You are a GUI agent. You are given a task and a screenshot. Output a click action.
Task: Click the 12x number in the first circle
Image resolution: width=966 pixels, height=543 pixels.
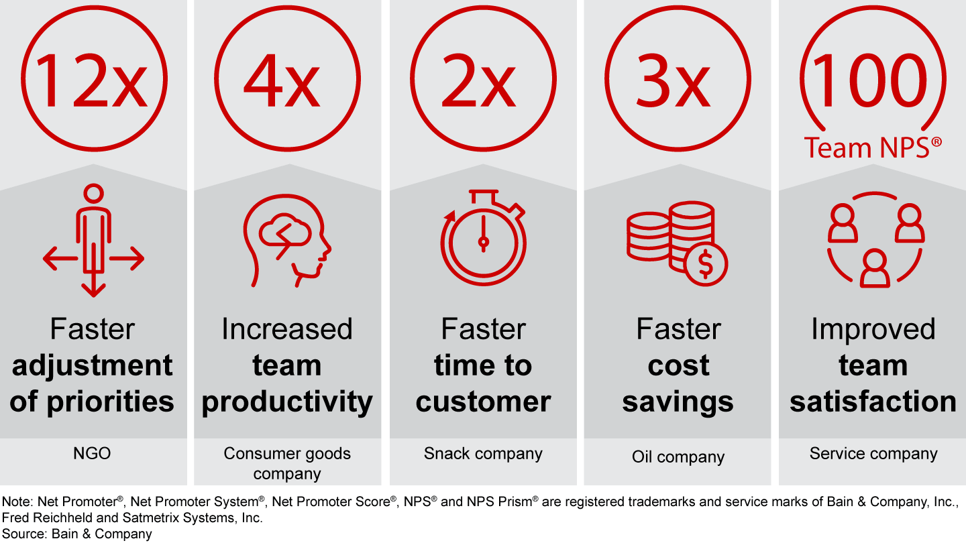[91, 81]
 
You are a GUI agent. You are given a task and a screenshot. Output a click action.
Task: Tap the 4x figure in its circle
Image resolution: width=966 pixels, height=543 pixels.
[282, 81]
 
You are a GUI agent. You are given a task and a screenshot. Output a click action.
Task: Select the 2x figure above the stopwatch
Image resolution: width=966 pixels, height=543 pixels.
[479, 81]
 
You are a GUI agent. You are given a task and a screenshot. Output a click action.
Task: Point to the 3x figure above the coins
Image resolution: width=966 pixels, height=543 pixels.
[673, 81]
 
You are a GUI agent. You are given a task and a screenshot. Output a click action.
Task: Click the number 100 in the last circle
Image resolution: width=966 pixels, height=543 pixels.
[870, 80]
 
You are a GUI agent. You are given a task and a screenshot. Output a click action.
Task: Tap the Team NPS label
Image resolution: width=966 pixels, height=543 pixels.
[873, 147]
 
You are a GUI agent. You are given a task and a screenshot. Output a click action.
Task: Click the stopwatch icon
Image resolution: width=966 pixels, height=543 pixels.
[483, 237]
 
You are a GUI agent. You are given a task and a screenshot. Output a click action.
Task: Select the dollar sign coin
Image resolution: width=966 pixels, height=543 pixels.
[706, 263]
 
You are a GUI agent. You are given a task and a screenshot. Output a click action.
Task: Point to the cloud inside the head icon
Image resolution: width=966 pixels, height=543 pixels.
[284, 231]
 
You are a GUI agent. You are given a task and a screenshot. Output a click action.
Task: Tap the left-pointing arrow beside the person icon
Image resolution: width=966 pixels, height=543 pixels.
[60, 259]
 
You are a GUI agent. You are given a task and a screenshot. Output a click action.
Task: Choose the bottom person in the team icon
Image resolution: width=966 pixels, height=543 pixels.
[875, 269]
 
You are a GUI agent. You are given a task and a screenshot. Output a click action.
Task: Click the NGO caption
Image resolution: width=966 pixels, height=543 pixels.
[92, 453]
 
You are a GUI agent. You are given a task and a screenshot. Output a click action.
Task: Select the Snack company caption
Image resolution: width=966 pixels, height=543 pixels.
[483, 454]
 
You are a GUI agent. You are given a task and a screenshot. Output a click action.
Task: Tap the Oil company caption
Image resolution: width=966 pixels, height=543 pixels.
[678, 457]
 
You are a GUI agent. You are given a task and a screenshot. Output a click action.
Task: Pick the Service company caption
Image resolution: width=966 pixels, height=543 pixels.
[873, 454]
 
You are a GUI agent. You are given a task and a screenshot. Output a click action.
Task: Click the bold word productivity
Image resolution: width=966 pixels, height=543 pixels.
[287, 402]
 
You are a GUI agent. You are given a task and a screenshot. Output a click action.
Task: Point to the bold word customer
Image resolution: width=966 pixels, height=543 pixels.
[483, 401]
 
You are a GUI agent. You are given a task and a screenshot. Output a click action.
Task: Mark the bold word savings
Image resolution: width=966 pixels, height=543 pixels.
[678, 402]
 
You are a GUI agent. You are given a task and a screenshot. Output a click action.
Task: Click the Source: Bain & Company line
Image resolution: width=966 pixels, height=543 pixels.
[76, 534]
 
